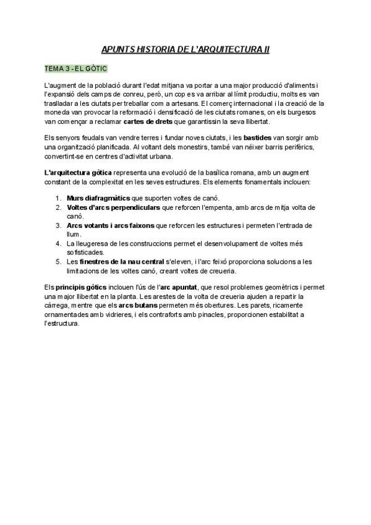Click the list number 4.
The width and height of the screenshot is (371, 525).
[58, 243]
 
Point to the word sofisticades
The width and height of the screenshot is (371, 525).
[87, 252]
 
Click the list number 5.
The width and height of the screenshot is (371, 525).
[58, 261]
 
